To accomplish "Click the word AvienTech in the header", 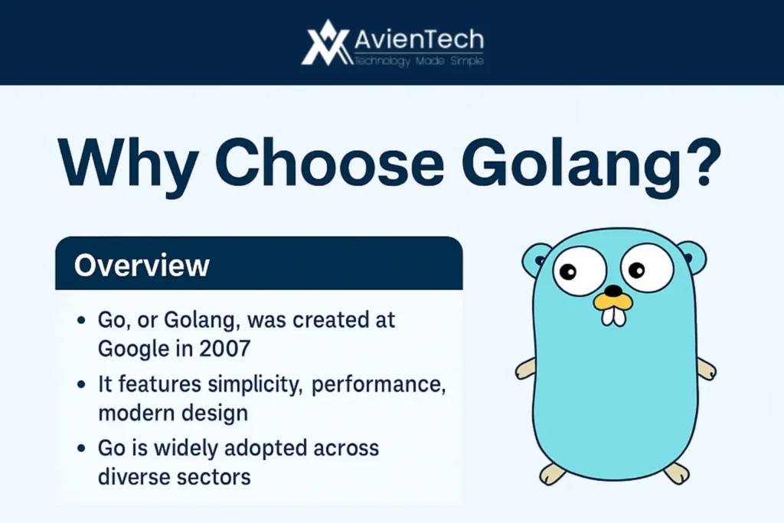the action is [419, 39].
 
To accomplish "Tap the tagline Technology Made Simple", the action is [419, 60].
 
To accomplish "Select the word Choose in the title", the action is [329, 162].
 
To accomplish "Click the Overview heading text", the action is [142, 264].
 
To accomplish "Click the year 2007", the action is [225, 348].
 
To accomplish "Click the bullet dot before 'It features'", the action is [82, 384].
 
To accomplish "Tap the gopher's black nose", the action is [613, 290].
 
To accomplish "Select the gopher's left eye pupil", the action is [567, 272].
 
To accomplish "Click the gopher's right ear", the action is [692, 257].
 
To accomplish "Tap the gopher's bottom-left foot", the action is [552, 473].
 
